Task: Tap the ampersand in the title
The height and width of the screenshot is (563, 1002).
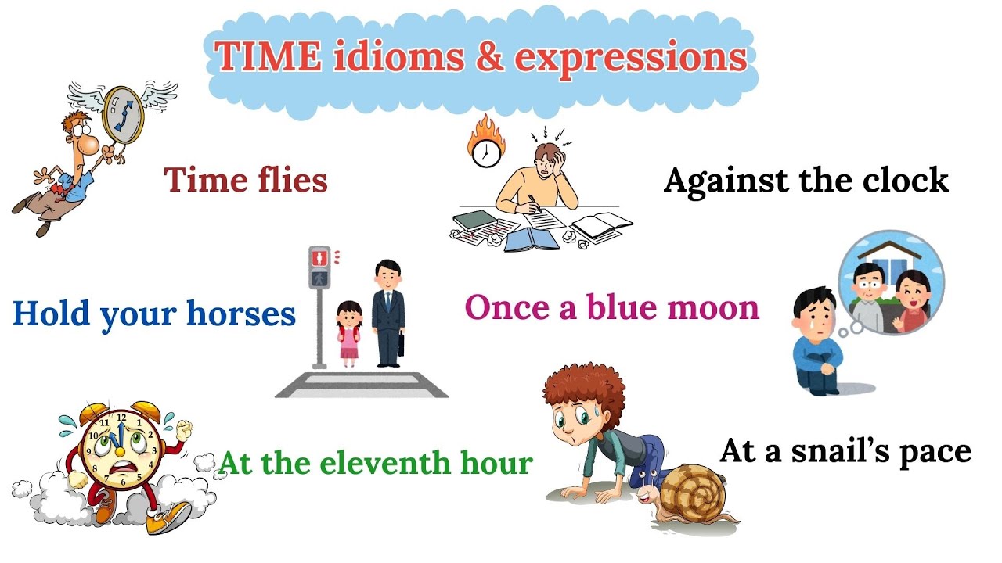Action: (x=489, y=57)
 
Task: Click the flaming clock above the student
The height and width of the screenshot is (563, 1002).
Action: (x=485, y=145)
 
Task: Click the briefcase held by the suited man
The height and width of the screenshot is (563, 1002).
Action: (x=401, y=345)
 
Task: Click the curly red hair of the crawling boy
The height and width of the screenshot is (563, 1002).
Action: (x=579, y=391)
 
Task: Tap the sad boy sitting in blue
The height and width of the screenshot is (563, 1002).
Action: (x=814, y=344)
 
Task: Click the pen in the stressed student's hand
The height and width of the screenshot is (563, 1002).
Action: (x=535, y=201)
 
